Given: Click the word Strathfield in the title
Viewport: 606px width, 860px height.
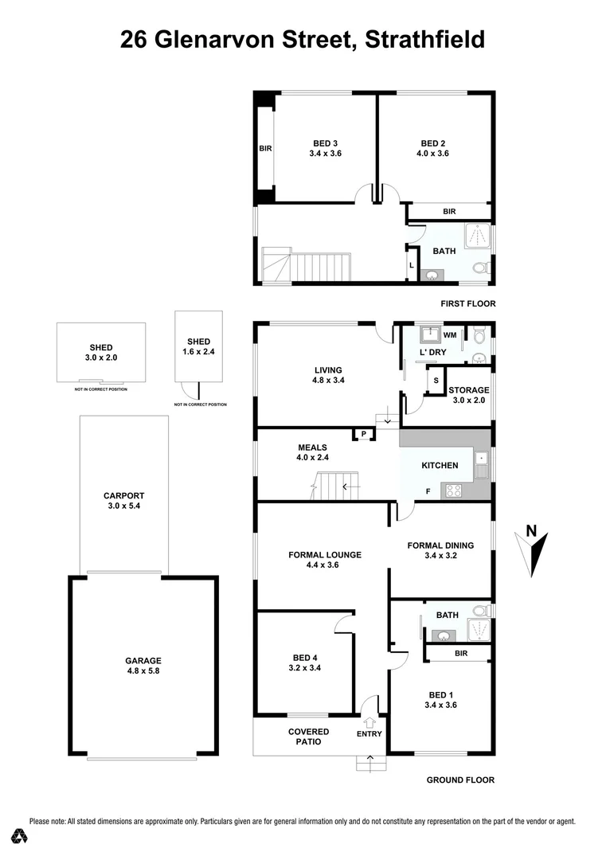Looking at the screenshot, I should tap(424, 39).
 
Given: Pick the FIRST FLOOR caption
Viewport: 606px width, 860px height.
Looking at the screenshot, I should tap(468, 303).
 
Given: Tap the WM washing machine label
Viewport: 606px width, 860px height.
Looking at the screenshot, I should tap(449, 335).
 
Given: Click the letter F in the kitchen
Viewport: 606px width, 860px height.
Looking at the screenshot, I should tap(428, 491).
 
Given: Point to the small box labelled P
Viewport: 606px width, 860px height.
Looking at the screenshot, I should tap(364, 434).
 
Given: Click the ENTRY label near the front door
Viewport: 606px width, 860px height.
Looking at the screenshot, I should tap(369, 733).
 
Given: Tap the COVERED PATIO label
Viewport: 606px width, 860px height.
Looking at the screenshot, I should tap(304, 736).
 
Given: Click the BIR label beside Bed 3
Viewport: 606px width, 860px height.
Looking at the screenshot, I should tap(265, 148).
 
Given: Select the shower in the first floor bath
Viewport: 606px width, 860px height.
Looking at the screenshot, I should tap(479, 235).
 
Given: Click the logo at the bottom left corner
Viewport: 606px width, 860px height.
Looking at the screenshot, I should tap(20, 836).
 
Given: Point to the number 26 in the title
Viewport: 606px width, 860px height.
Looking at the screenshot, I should tap(136, 39).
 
